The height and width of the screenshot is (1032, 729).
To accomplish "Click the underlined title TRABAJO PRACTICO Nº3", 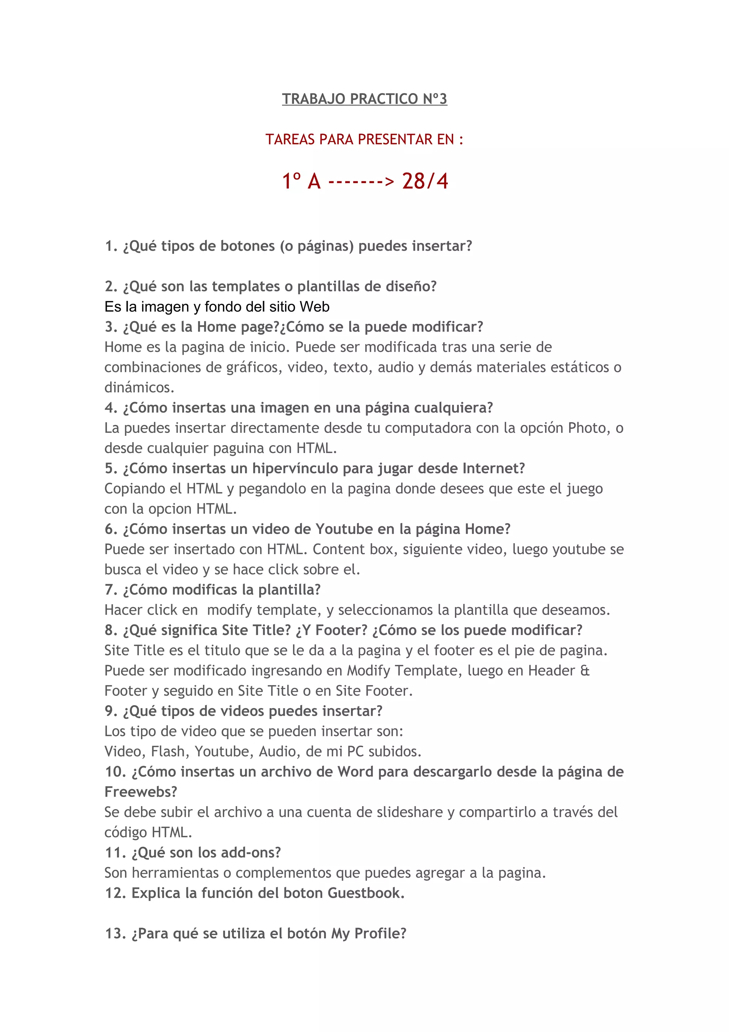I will click(364, 99).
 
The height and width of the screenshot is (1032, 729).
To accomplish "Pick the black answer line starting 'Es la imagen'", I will click(217, 307).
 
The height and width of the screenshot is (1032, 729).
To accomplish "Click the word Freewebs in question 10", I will click(141, 792).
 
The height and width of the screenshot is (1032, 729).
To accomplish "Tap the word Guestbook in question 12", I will click(366, 893).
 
